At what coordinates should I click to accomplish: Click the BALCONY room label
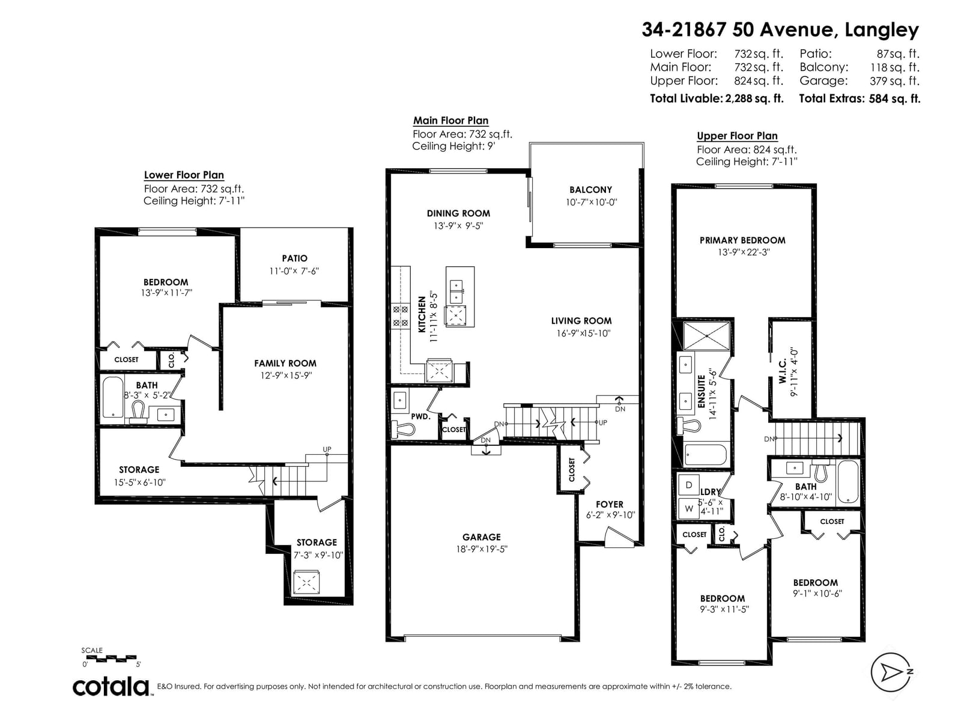(590, 189)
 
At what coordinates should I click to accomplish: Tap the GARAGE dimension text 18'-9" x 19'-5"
(481, 549)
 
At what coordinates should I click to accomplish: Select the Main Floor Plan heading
(450, 120)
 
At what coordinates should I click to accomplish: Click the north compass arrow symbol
(891, 672)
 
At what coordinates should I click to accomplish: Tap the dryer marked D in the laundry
(689, 485)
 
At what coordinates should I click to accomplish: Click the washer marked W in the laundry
(689, 509)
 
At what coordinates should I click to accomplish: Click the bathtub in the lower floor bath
(113, 398)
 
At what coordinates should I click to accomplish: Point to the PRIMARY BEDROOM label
(742, 240)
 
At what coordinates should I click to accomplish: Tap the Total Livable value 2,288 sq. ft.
(754, 99)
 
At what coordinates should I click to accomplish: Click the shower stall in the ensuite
(707, 336)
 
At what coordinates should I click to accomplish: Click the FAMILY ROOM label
(285, 364)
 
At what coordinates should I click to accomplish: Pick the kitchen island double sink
(456, 292)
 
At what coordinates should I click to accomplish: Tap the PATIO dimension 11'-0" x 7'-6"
(294, 271)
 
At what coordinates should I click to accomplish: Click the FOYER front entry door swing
(619, 538)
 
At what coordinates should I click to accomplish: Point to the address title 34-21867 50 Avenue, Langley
(780, 30)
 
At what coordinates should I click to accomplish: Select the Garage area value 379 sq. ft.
(894, 81)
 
